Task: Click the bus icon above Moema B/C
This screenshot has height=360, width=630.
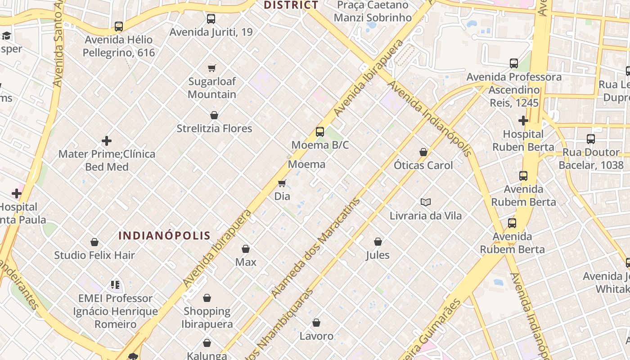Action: point(319,132)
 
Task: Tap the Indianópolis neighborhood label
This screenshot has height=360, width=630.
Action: point(164,235)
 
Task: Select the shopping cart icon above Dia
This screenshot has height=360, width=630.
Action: point(282,183)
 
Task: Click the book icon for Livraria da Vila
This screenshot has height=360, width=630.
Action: point(425,202)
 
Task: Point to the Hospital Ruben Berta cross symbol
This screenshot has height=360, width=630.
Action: point(523,121)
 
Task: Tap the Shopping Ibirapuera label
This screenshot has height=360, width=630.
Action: point(207,317)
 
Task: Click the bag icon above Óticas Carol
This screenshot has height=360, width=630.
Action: point(423,152)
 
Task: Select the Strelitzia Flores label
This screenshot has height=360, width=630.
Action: point(214,129)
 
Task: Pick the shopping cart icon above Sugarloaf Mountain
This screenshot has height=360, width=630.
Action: point(212,68)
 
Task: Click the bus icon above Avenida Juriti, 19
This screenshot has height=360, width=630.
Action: point(211,19)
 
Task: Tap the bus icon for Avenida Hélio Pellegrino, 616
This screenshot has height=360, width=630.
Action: point(119,27)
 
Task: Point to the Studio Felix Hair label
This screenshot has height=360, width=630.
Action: point(94,255)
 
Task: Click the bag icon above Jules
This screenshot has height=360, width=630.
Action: point(378,242)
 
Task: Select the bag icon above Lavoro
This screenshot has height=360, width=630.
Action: point(316,323)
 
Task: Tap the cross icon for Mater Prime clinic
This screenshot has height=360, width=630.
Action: point(107,141)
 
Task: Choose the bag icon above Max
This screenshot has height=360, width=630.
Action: point(246,249)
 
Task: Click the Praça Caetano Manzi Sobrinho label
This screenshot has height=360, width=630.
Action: point(373,11)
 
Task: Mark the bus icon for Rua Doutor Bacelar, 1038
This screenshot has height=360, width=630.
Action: point(591,139)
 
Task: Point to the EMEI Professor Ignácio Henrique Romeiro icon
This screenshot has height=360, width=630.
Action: point(115,285)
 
